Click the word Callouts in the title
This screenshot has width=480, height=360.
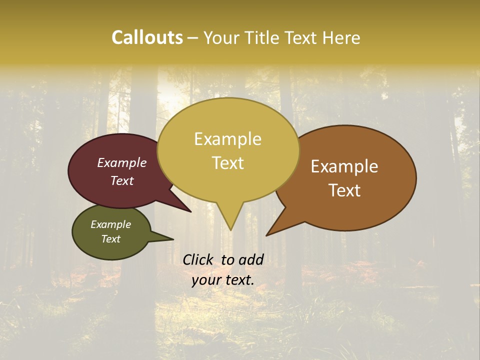(147, 37)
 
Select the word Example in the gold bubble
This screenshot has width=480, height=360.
(227, 139)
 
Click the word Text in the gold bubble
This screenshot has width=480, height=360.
(227, 163)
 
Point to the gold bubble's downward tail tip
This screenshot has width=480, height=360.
(230, 229)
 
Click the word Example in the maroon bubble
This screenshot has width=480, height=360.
(122, 163)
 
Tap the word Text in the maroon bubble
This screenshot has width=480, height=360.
(122, 181)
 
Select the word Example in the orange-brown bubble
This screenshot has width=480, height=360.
(344, 166)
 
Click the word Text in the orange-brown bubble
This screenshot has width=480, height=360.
(344, 190)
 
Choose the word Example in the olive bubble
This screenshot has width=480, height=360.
(111, 224)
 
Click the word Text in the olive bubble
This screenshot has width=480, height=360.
(111, 239)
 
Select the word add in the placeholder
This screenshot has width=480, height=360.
(251, 259)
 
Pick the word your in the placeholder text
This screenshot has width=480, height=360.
(205, 280)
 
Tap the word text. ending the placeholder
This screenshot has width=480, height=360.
(238, 280)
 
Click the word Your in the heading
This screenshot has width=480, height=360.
(222, 37)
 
